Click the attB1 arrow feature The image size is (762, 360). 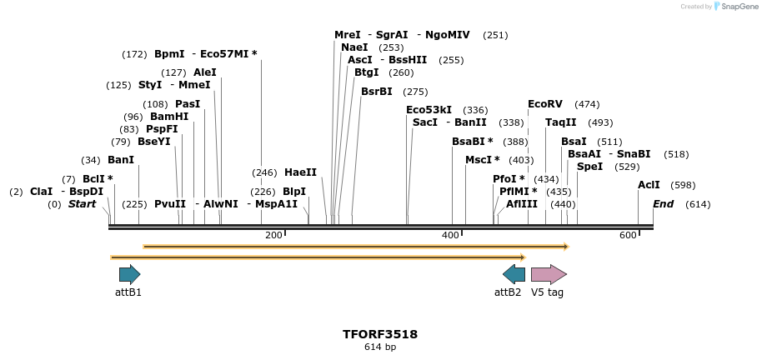click(x=129, y=274)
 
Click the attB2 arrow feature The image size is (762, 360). click(x=514, y=274)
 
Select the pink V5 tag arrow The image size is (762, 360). click(x=549, y=274)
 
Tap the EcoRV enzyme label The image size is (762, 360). click(x=545, y=104)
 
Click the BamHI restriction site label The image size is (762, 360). click(x=169, y=117)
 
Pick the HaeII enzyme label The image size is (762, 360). click(x=300, y=172)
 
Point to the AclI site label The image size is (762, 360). click(x=649, y=185)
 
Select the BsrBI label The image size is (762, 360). click(x=377, y=92)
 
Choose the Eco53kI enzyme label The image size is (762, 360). click(x=429, y=110)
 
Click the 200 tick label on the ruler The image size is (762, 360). click(x=273, y=236)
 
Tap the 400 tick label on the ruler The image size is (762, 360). click(x=450, y=236)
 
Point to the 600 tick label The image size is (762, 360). click(x=628, y=236)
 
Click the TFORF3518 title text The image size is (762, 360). click(x=380, y=334)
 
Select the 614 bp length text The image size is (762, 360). click(x=380, y=347)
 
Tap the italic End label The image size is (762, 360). click(x=663, y=204)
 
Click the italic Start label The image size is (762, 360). click(x=82, y=204)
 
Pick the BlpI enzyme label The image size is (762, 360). click(x=294, y=192)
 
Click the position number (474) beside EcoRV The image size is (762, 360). click(x=587, y=104)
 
